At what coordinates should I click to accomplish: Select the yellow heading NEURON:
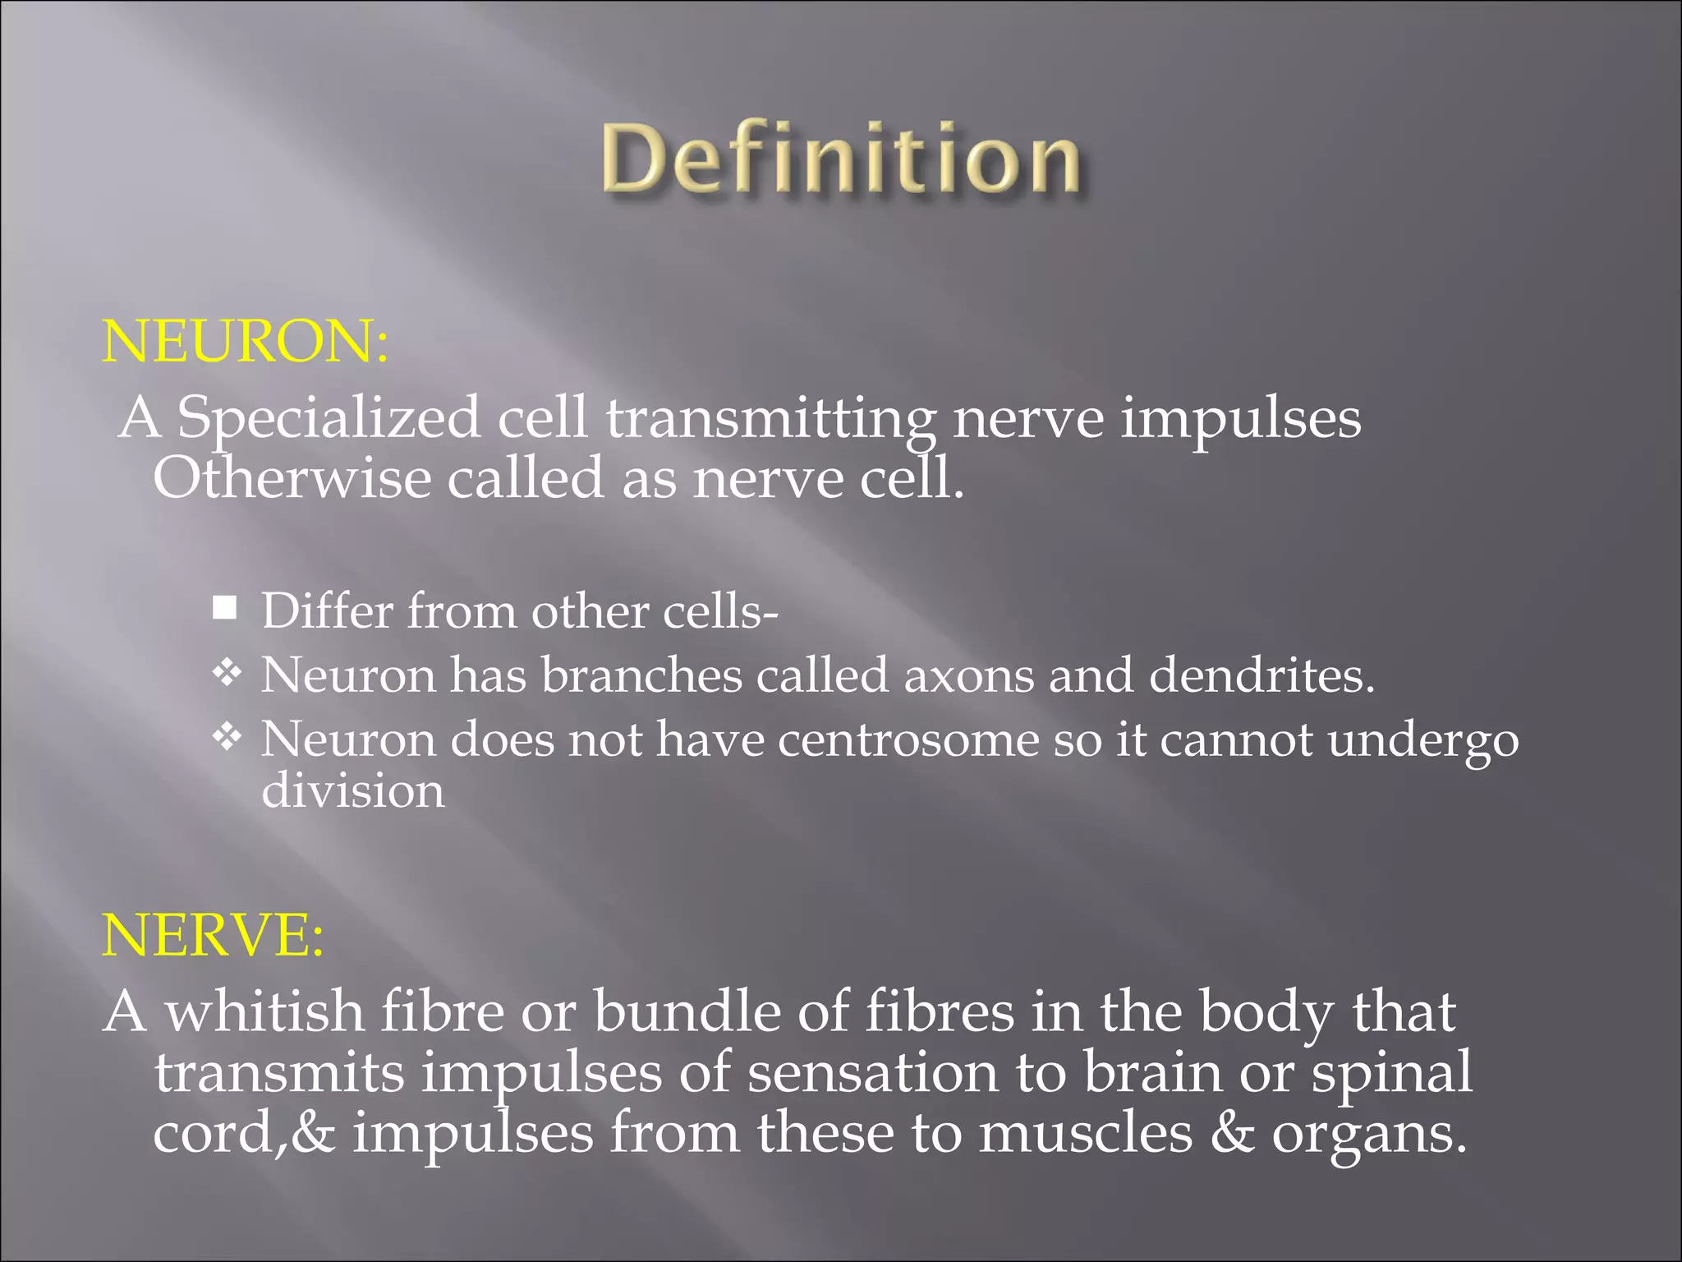tap(245, 341)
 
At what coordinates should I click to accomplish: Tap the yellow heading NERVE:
tap(213, 935)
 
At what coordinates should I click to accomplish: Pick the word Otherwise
tap(292, 478)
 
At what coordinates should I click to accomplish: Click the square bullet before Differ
tap(224, 609)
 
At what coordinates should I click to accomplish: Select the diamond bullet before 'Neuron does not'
tap(226, 737)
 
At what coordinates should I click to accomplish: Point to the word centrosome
tap(908, 739)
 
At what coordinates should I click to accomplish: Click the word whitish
tap(265, 1011)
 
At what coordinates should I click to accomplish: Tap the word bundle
tap(687, 1011)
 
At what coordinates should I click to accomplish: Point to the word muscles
tap(1085, 1133)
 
